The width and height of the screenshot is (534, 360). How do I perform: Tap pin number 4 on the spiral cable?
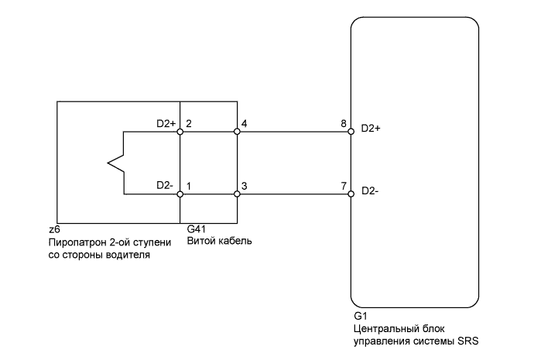click(x=245, y=123)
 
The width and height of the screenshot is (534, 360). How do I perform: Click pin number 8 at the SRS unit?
click(x=343, y=123)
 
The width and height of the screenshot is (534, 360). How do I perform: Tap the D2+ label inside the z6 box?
click(x=165, y=123)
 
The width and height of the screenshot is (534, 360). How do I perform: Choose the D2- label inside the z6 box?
click(x=164, y=186)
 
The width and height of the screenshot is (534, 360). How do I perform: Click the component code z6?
click(x=53, y=230)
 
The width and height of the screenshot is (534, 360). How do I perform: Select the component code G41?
click(x=197, y=230)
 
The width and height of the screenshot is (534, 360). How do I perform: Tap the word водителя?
click(x=128, y=254)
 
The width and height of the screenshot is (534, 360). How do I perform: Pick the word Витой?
click(x=202, y=242)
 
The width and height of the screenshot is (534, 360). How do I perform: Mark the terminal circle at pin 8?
click(x=351, y=132)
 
